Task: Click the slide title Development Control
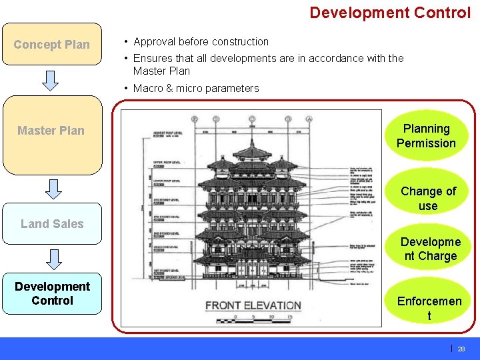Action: [x=390, y=13]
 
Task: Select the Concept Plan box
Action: [x=51, y=45]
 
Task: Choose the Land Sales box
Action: [x=51, y=224]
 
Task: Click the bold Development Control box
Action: [x=52, y=293]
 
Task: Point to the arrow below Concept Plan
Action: [x=51, y=80]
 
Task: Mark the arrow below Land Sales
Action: [x=51, y=259]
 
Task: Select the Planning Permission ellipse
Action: [x=426, y=135]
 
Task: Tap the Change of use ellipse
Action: [x=428, y=198]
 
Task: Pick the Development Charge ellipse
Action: [x=428, y=249]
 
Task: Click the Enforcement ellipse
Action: [x=429, y=308]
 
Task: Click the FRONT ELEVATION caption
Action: [x=253, y=305]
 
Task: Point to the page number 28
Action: [x=461, y=349]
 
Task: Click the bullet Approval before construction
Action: [x=201, y=41]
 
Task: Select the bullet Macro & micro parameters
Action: [x=196, y=88]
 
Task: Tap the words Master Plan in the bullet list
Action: [x=161, y=71]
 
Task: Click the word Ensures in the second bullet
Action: [x=153, y=58]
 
